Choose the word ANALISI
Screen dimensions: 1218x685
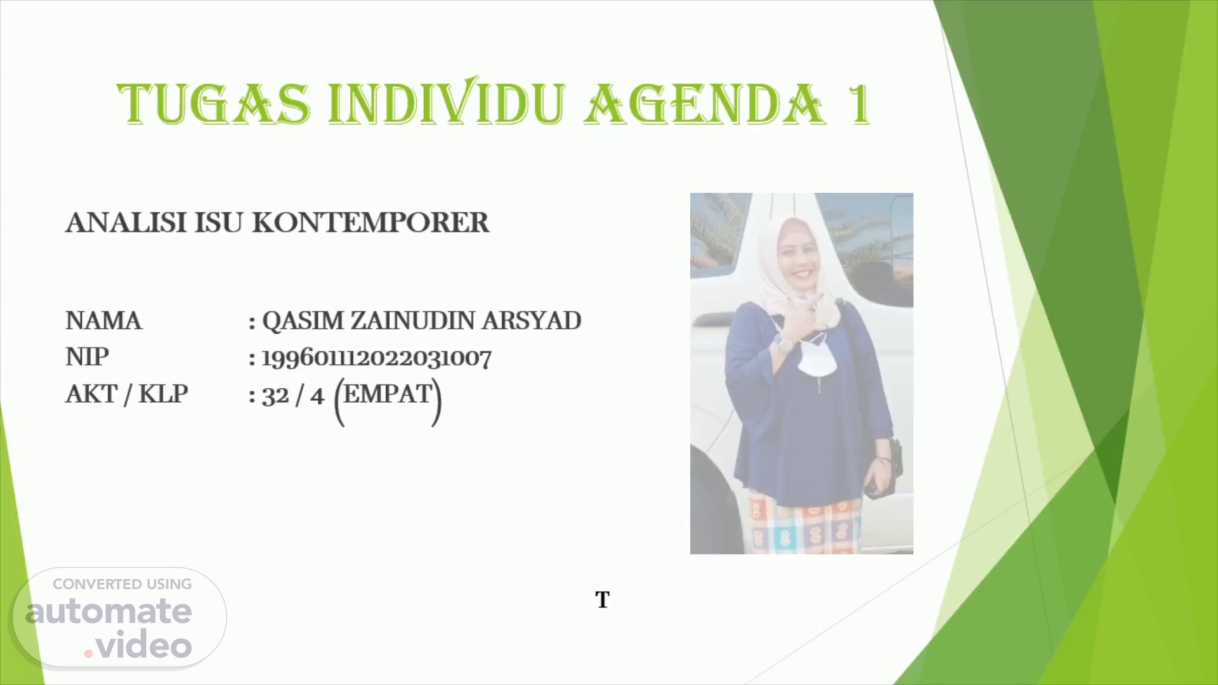[x=126, y=223]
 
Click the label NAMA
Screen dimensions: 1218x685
[x=103, y=321]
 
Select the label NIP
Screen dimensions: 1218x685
[x=87, y=357]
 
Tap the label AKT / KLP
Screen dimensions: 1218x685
[x=127, y=395]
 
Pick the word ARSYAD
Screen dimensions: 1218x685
[x=531, y=321]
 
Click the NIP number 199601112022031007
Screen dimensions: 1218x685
[x=377, y=358]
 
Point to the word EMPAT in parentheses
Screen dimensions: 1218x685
[x=388, y=395]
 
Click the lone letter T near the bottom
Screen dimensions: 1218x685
[x=602, y=599]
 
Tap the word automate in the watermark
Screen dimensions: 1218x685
[x=108, y=611]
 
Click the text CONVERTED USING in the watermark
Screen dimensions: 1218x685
[x=122, y=584]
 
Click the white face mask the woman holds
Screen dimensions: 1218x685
[x=813, y=360]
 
